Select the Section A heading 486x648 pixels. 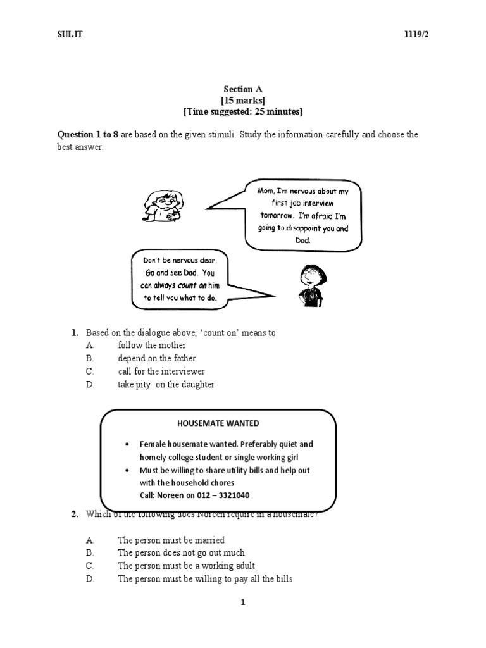tap(243, 90)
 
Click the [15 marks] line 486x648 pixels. tap(243, 101)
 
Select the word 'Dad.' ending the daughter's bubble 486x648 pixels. tap(303, 241)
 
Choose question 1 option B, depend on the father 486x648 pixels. tap(156, 358)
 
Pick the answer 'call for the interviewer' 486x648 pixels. tap(161, 371)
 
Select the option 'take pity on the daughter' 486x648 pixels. tap(166, 384)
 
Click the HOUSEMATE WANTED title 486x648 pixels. tap(218, 423)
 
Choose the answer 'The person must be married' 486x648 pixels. tap(171, 540)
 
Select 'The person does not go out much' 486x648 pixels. tap(181, 552)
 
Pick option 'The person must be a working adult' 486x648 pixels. tap(186, 566)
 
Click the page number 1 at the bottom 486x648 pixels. tap(242, 602)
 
